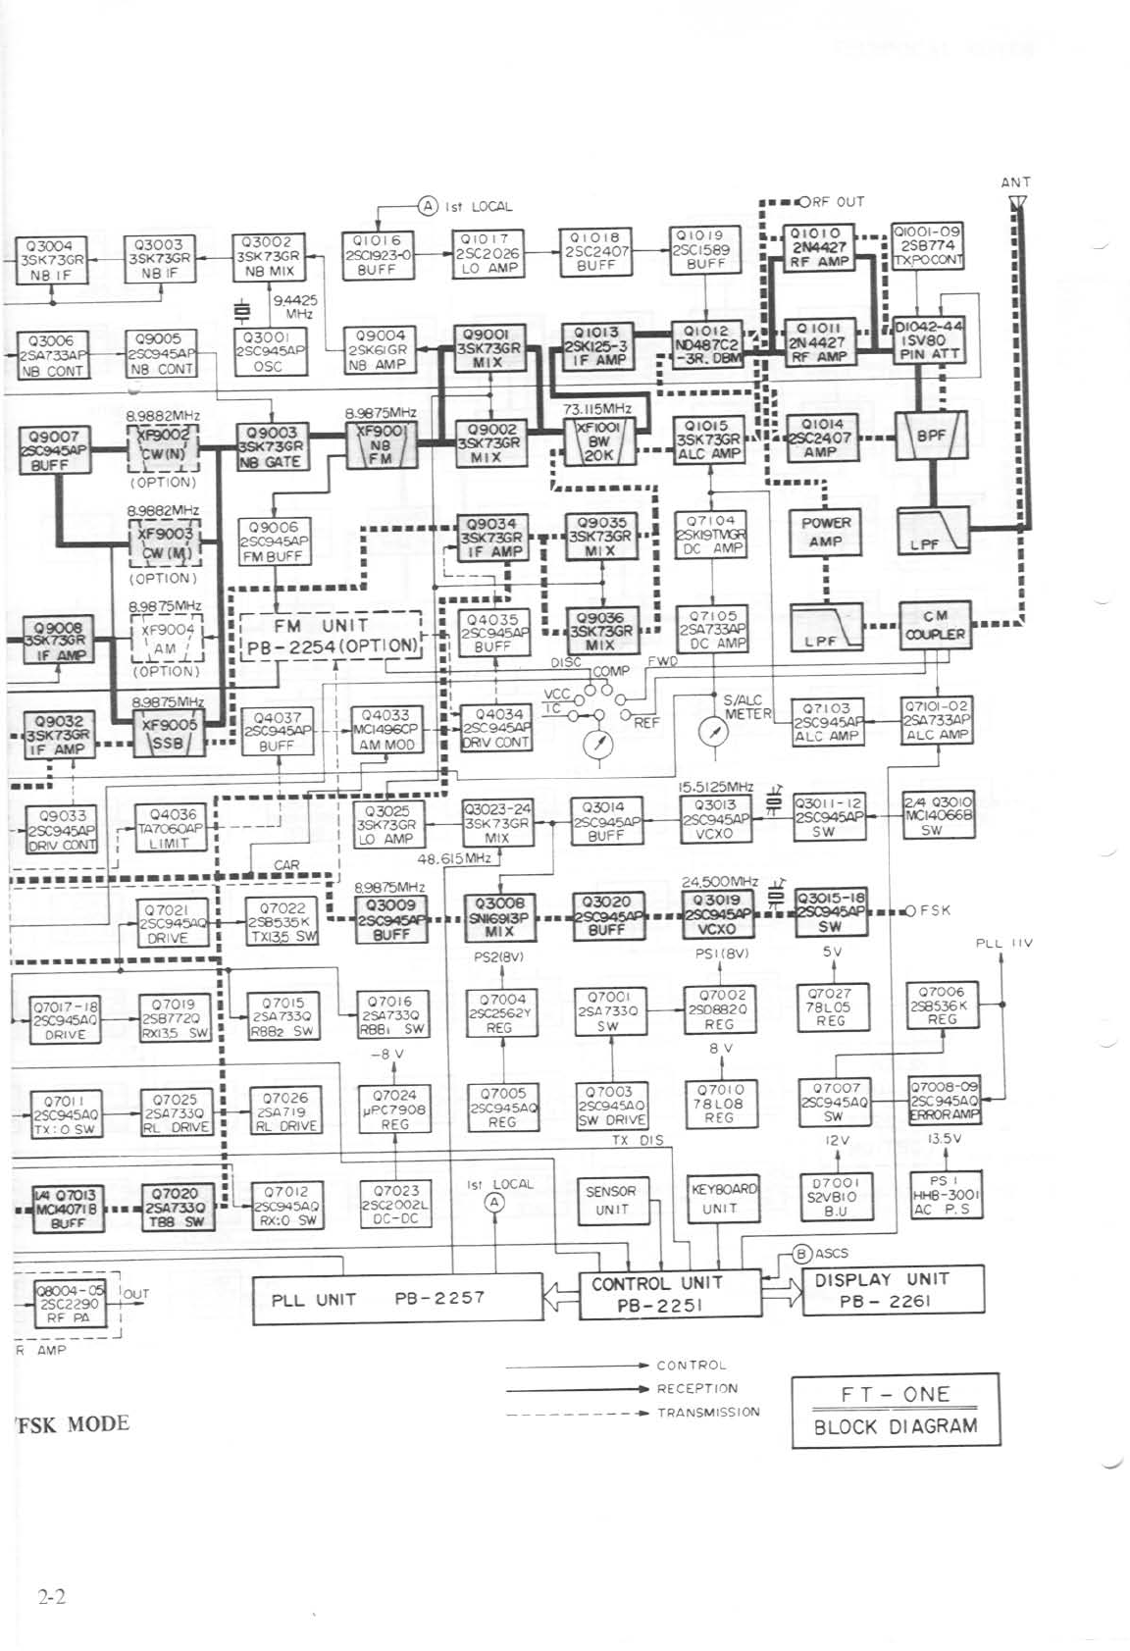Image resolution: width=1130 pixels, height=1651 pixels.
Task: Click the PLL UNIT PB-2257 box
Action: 397,1298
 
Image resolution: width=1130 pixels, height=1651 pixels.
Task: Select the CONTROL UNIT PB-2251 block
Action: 656,1294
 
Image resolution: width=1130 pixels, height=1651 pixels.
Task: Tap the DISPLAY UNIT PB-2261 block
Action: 880,1290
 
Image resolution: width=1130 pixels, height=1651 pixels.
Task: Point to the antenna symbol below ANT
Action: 1016,203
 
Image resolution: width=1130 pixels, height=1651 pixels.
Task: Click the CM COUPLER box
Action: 934,625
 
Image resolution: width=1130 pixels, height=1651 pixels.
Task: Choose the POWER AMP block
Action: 826,532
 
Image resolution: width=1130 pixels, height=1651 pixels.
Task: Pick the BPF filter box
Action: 932,434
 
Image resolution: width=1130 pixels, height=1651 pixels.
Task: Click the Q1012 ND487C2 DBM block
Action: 706,345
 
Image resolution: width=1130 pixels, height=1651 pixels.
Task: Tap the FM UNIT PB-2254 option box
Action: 334,636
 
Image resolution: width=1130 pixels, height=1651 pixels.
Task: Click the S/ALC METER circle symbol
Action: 713,732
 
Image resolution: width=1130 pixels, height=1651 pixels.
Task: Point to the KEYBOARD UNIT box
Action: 724,1199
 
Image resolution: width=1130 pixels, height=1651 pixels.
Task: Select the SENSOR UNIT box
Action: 611,1200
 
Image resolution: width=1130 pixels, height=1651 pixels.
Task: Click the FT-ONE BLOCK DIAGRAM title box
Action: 896,1410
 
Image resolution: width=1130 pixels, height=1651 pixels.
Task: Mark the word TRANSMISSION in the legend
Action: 708,1413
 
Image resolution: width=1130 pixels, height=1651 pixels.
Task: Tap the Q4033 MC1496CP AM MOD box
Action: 388,730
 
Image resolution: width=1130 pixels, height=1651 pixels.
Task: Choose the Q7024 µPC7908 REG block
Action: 394,1109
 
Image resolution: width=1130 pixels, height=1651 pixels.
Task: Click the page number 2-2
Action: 52,1597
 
